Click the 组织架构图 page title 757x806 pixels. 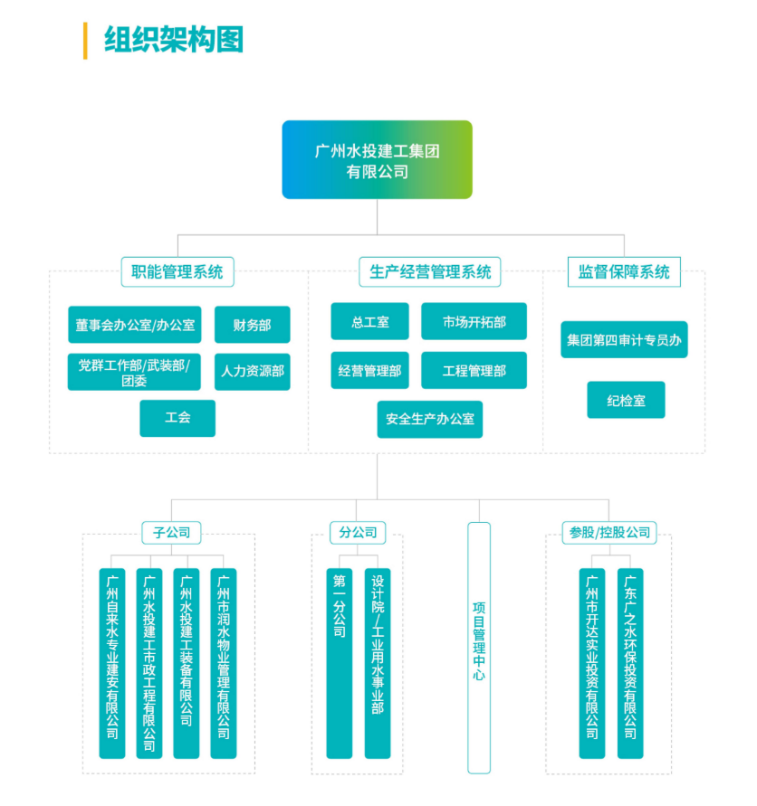pos(173,41)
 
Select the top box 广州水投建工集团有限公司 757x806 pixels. pos(377,160)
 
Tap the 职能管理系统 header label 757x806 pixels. pos(177,270)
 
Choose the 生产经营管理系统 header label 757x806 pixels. pos(430,270)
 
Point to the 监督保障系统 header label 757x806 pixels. pos(624,270)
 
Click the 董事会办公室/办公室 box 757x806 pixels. pos(135,325)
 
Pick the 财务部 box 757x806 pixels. pos(252,325)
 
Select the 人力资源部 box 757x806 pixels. pos(252,371)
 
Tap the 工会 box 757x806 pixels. pos(177,418)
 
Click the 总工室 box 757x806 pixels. pos(370,322)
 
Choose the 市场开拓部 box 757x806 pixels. pos(474,322)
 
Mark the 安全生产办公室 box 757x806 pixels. pos(430,419)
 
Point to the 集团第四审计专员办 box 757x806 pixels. pos(624,340)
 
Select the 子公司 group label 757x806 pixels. pos(171,532)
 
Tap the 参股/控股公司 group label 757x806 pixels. pos(608,532)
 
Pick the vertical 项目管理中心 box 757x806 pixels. pos(479,647)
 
